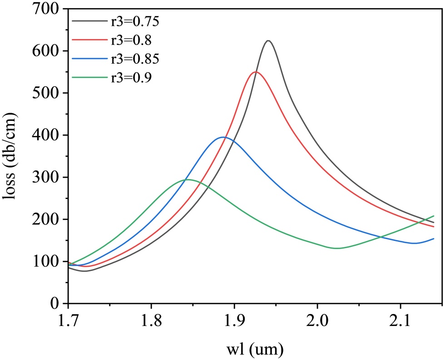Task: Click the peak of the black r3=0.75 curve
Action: point(268,41)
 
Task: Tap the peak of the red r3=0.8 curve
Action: point(256,72)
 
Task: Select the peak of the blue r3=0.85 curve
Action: point(223,137)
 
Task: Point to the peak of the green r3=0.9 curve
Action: point(187,180)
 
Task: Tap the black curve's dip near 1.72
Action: point(85,271)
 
